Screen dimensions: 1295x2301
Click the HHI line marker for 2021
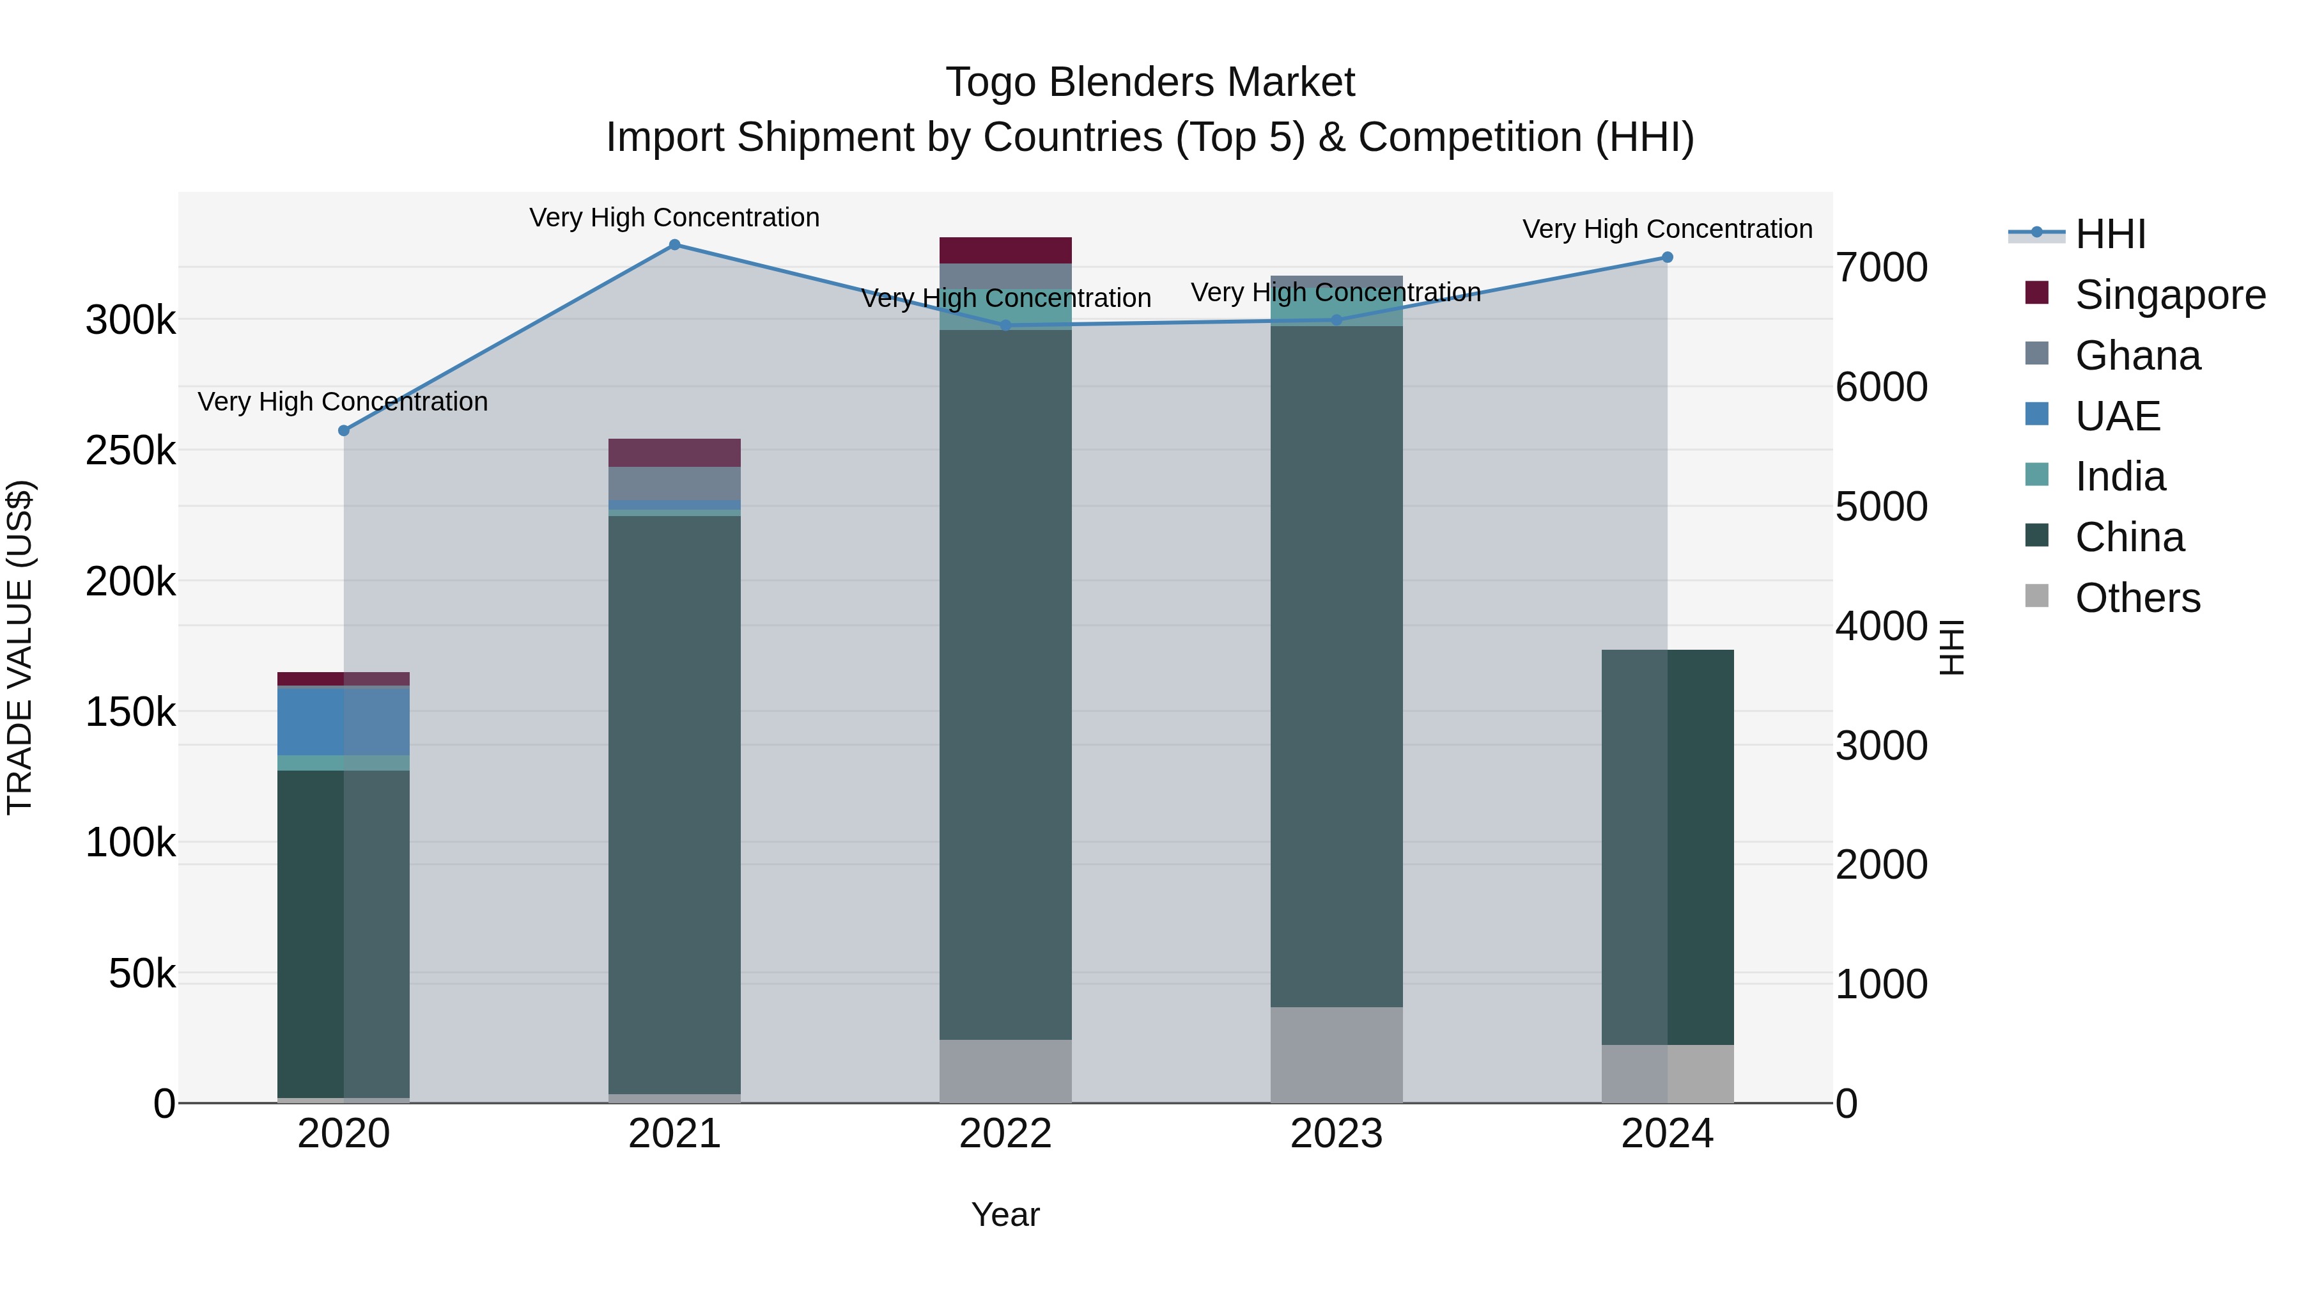(674, 245)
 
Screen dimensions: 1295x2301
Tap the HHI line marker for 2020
(344, 431)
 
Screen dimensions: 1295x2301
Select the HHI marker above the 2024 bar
(1667, 257)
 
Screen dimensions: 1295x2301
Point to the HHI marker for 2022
(1006, 326)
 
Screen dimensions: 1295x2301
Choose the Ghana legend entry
(2137, 356)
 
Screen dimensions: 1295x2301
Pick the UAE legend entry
(2117, 416)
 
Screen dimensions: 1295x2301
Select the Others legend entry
(2137, 598)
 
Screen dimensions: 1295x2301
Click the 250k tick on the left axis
(130, 450)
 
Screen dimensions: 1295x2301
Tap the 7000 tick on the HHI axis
(1881, 267)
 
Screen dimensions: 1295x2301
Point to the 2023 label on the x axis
(1336, 1134)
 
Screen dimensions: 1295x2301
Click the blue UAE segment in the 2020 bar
(344, 721)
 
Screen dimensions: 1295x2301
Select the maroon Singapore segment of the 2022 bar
(1006, 250)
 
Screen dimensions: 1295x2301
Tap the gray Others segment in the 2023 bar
(1336, 1055)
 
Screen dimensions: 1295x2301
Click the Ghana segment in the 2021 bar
(674, 483)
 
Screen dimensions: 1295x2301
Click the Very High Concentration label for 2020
(343, 402)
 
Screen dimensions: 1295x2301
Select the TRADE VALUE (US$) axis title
(20, 647)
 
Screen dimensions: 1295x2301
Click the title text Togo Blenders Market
(1150, 82)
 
